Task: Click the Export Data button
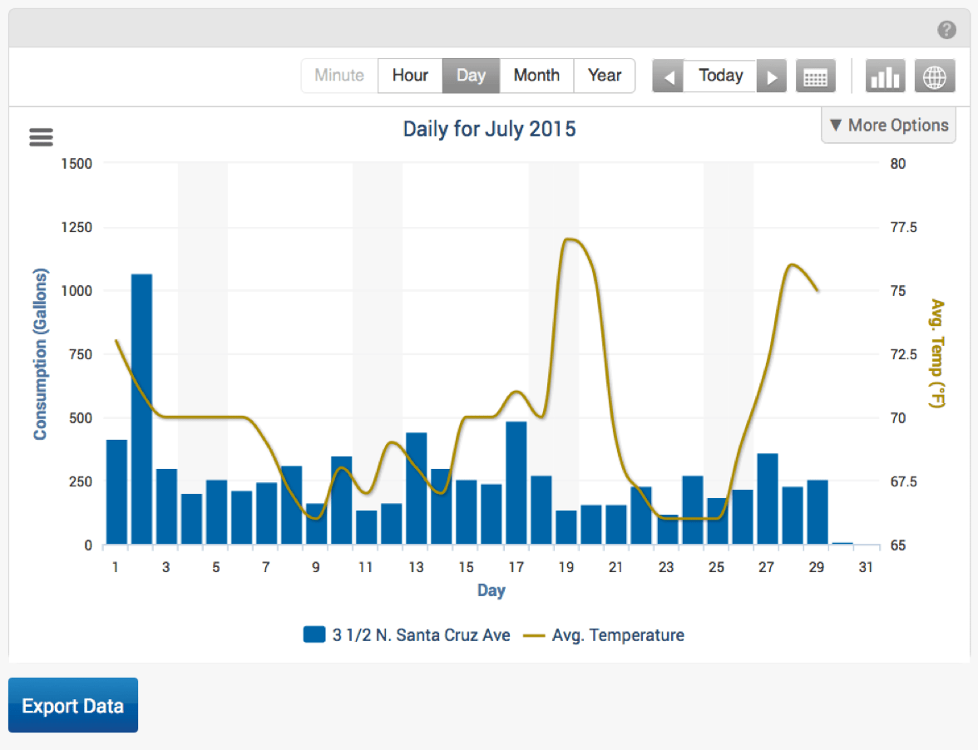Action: click(73, 705)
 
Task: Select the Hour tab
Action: click(410, 76)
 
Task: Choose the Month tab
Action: click(536, 76)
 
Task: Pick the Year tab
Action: click(605, 76)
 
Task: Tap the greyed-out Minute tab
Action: click(339, 76)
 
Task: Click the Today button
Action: click(720, 76)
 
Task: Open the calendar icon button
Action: click(815, 76)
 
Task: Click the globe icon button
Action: click(935, 76)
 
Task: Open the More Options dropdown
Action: click(888, 126)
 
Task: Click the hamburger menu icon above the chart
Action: click(41, 137)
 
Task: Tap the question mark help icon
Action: click(946, 31)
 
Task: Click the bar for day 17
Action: click(516, 483)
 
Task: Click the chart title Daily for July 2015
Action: click(489, 130)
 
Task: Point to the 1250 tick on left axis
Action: click(76, 228)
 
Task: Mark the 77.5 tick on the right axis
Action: click(903, 228)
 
